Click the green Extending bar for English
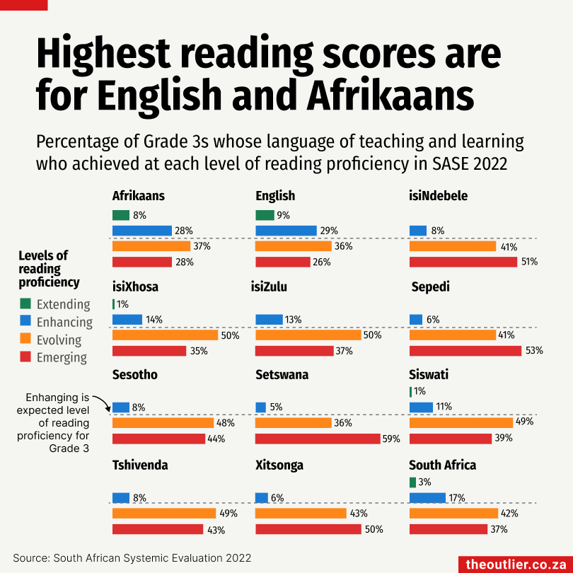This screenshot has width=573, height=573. tap(265, 215)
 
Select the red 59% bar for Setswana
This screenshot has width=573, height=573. tap(318, 439)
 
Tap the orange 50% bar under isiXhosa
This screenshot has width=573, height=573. tap(166, 335)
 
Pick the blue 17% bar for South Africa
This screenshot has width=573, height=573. tap(427, 498)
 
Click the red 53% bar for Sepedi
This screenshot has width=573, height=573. tap(465, 351)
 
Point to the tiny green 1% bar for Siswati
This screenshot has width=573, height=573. tap(410, 392)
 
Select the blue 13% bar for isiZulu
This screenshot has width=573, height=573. tap(269, 320)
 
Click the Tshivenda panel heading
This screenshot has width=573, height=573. tap(141, 465)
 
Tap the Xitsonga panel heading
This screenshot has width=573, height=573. tap(279, 465)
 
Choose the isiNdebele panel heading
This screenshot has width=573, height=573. tap(438, 196)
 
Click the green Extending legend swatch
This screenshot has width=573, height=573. tap(25, 304)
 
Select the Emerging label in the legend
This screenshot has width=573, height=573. tap(62, 357)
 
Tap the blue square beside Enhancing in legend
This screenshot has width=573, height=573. tap(25, 322)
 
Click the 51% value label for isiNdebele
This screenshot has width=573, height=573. tap(529, 262)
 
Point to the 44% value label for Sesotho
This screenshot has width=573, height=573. tap(216, 439)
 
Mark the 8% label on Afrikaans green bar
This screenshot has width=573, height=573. tap(139, 215)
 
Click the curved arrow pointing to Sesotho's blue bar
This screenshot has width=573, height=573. tap(103, 403)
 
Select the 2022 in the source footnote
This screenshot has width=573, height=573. tap(237, 558)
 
